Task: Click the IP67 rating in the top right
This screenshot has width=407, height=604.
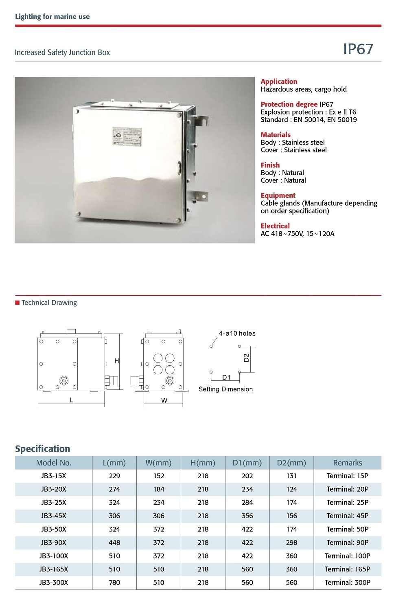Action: coord(358,49)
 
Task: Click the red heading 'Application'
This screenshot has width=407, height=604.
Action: coord(279,81)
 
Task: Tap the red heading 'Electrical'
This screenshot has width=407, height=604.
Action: coord(275,226)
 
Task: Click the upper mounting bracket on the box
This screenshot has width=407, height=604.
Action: coord(201,121)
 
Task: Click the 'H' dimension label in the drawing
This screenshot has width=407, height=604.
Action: coord(117,361)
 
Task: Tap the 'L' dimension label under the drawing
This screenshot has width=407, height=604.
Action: coord(72,400)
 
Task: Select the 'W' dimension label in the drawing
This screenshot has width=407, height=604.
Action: coord(164,400)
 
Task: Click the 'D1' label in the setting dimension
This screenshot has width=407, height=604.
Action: coord(226,378)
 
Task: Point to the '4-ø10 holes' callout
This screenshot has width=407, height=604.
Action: coord(237,334)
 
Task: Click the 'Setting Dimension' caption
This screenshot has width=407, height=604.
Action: coord(225,389)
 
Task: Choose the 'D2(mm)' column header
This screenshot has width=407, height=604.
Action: coord(291,463)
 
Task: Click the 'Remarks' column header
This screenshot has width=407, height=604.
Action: coord(347,463)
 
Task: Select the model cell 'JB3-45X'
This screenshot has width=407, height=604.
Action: coord(53,516)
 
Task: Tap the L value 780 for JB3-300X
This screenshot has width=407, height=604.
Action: coord(114,582)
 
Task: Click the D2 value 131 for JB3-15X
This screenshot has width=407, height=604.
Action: coord(291,476)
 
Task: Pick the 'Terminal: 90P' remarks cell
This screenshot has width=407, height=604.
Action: coord(347,543)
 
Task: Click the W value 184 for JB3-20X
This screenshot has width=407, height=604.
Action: coord(159,489)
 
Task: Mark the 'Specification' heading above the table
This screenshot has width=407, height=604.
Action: coord(42,449)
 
